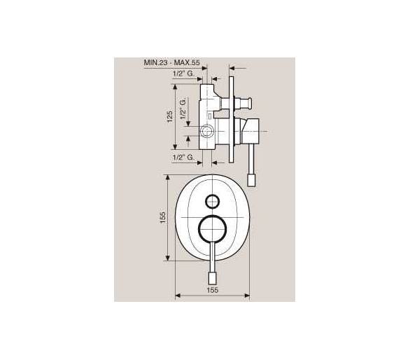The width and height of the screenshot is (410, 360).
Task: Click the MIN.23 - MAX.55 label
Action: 171,62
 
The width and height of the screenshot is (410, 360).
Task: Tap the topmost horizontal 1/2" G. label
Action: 183,74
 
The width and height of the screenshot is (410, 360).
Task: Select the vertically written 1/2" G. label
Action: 183,109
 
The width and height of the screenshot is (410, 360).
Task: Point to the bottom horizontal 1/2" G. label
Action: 183,158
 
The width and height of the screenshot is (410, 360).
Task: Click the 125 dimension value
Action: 170,116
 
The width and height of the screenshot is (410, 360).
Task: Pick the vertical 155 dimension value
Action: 162,218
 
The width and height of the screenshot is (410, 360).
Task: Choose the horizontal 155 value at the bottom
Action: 212,290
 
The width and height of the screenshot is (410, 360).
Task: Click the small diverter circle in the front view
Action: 212,202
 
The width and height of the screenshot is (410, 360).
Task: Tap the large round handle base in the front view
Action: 212,228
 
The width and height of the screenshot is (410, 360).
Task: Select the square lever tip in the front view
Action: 212,279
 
